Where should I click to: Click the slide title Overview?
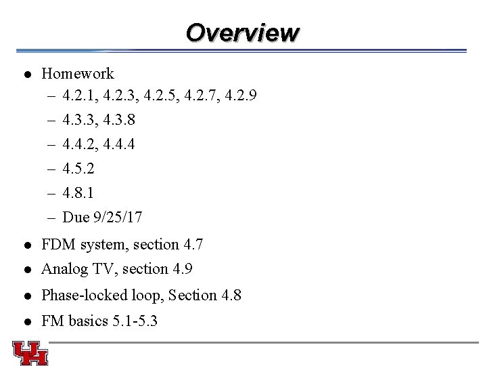pos(242,32)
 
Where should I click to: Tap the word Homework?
pos(78,73)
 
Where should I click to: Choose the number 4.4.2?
pos(80,144)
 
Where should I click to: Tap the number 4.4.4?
pos(119,144)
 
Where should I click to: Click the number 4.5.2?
pos(80,168)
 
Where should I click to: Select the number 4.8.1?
pos(80,192)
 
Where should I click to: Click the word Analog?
pos(62,269)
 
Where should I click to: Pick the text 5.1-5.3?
pos(133,321)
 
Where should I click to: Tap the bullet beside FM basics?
pos(24,321)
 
